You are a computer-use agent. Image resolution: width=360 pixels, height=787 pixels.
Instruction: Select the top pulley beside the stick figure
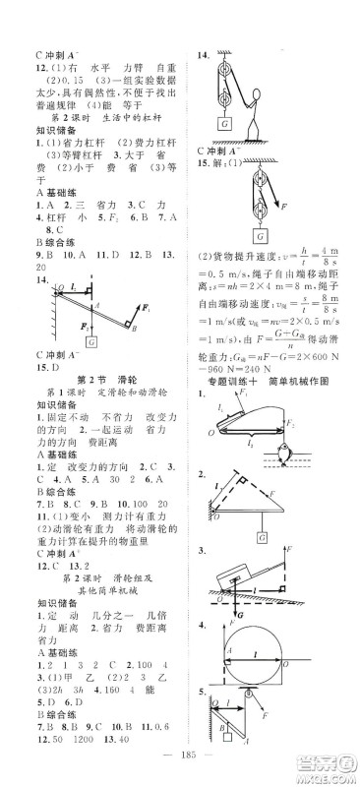226,72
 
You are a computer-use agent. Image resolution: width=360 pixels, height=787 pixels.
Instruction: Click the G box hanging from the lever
90,339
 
